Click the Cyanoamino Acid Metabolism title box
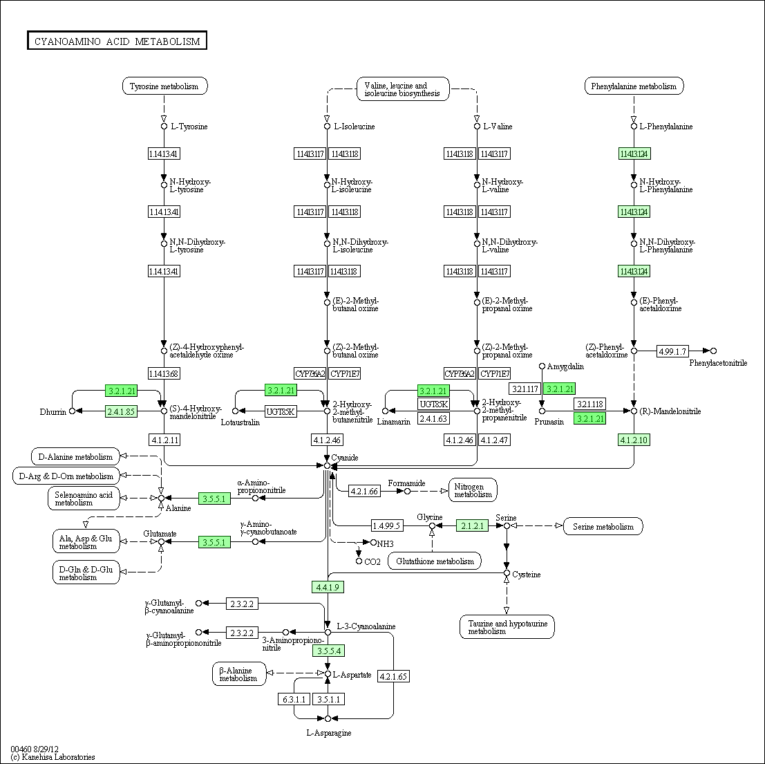pos(117,41)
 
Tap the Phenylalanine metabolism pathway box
pos(634,86)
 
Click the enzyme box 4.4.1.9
pos(328,587)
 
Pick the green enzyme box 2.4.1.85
pos(121,411)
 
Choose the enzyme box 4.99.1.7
pos(672,351)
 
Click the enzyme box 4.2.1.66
pos(363,491)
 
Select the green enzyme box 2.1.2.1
pos(472,525)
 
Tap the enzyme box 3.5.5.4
pos(328,651)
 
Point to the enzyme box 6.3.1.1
pos(294,699)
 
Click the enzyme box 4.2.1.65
pos(394,676)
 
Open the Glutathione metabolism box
pos(434,561)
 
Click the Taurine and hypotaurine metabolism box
pos(507,627)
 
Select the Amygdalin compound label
pos(565,366)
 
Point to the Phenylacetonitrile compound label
pos(717,362)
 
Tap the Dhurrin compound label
pos(53,412)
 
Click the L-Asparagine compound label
pos(328,732)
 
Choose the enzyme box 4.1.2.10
pos(634,440)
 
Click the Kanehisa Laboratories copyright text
pos(53,757)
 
